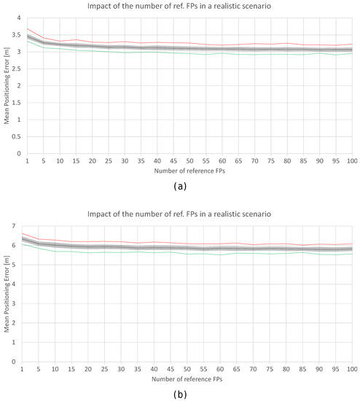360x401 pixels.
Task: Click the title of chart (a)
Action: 189,7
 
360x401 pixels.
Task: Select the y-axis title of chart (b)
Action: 7,294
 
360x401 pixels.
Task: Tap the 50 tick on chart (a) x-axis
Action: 189,160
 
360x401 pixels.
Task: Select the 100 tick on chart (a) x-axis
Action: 351,160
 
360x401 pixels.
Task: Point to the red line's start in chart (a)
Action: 27,28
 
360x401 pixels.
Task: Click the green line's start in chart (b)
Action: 27,244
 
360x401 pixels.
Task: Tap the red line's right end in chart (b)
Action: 352,244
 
